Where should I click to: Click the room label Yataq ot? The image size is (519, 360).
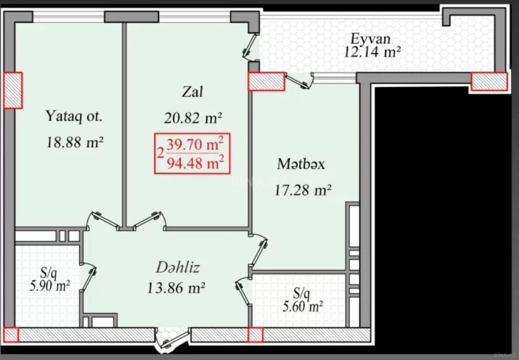click(74, 116)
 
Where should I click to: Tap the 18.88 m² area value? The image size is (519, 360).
click(75, 142)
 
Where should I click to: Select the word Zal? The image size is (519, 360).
click(192, 92)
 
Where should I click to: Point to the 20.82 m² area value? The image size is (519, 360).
click(193, 118)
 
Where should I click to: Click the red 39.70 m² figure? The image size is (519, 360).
click(195, 144)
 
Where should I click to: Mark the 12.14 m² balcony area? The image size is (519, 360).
click(372, 52)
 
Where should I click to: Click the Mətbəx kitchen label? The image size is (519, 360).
click(301, 164)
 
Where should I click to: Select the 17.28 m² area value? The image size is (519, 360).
click(303, 190)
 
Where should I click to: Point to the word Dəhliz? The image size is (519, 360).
click(178, 267)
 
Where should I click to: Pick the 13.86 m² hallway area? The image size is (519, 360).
click(176, 288)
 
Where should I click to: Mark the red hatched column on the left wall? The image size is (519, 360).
click(13, 90)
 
